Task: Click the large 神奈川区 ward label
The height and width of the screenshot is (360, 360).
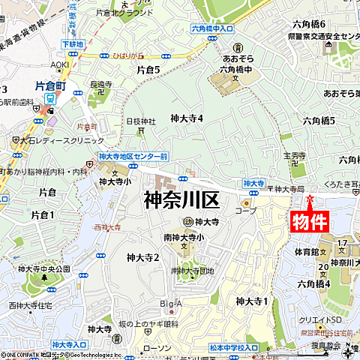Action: [181, 201]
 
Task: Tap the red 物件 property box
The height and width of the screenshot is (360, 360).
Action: [310, 222]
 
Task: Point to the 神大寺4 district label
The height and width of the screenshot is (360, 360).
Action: [187, 118]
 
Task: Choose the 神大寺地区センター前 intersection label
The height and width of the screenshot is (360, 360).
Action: [133, 156]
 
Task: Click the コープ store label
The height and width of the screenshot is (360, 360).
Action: [245, 211]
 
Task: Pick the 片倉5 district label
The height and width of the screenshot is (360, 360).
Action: [148, 69]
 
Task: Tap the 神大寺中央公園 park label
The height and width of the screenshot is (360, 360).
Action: [43, 268]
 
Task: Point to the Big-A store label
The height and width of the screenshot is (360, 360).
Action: [171, 304]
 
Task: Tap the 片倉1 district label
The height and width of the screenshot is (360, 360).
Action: [43, 215]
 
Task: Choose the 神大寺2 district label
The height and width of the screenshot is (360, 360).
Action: [143, 257]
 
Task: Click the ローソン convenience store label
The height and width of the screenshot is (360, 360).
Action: [157, 348]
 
